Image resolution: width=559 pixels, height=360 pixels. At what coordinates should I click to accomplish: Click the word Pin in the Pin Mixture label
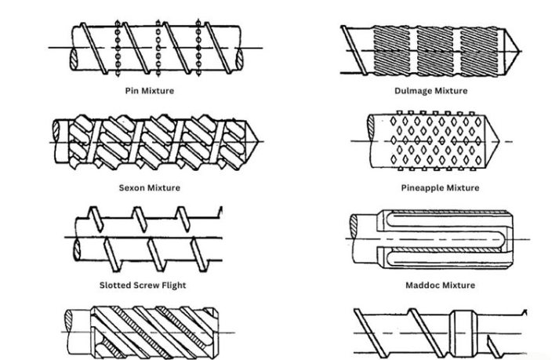[x=132, y=91]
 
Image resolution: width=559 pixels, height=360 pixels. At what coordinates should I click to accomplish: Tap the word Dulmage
[x=414, y=91]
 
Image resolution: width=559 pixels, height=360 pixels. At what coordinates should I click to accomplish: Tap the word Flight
[x=172, y=285]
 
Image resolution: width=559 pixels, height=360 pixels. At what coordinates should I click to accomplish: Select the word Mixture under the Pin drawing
[x=158, y=91]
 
